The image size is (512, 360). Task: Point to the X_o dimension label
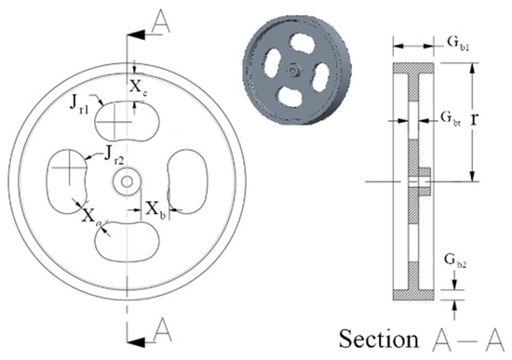pyautogui.click(x=88, y=216)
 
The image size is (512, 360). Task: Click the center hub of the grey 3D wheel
pyautogui.click(x=293, y=69)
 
